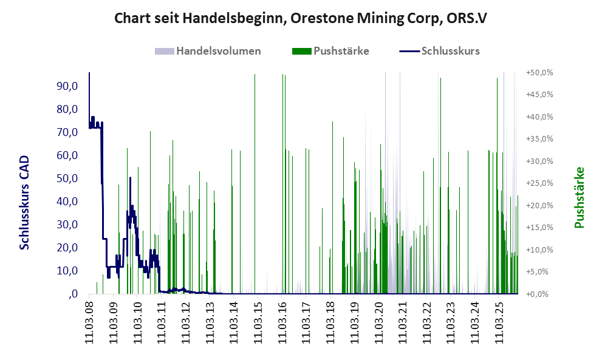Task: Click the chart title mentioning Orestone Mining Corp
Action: tap(300, 19)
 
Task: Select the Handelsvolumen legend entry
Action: tap(218, 51)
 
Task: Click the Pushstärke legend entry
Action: tap(341, 51)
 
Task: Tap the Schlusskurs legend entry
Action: tap(450, 51)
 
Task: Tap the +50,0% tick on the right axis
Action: tap(539, 73)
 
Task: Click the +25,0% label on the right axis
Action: tap(539, 183)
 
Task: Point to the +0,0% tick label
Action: tap(539, 294)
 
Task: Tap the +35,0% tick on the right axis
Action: tap(539, 139)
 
